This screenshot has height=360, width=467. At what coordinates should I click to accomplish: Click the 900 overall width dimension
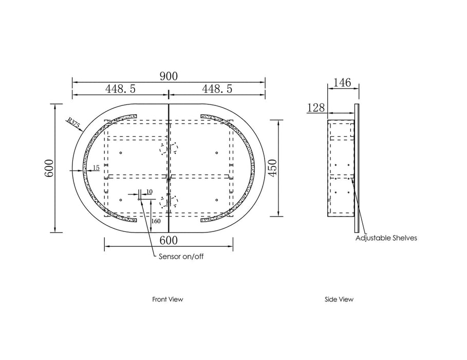pyautogui.click(x=169, y=76)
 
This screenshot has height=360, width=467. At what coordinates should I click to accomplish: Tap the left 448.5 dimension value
pyautogui.click(x=120, y=88)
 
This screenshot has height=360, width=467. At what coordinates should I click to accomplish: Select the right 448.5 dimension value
pyautogui.click(x=217, y=88)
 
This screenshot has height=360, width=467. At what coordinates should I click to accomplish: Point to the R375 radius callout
pyautogui.click(x=72, y=123)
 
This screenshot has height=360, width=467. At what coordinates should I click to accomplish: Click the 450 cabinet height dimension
pyautogui.click(x=273, y=168)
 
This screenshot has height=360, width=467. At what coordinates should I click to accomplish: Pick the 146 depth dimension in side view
pyautogui.click(x=342, y=83)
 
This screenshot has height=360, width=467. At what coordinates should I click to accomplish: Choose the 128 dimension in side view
pyautogui.click(x=316, y=107)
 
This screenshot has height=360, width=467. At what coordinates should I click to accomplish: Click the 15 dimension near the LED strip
pyautogui.click(x=96, y=168)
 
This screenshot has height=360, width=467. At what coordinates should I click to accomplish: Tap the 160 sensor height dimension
pyautogui.click(x=156, y=221)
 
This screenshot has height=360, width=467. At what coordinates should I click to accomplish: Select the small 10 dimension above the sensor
pyautogui.click(x=150, y=191)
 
